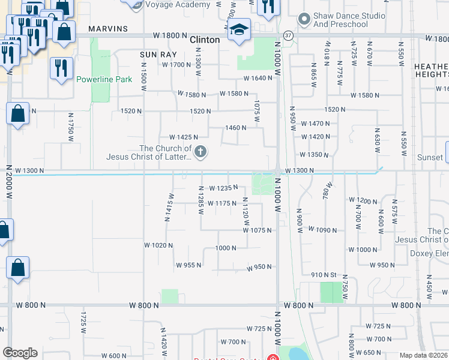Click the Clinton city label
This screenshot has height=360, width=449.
point(205,40)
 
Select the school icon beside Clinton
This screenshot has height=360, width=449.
point(239,31)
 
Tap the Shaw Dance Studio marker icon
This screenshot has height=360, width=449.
point(304,19)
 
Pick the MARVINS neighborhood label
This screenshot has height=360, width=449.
point(108,29)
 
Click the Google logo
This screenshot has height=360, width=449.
point(20,353)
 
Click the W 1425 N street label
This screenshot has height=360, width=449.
point(184,137)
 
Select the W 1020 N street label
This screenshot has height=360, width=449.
point(158,245)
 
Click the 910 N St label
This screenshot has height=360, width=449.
point(325,275)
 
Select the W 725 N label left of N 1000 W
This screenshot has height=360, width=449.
point(260,329)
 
